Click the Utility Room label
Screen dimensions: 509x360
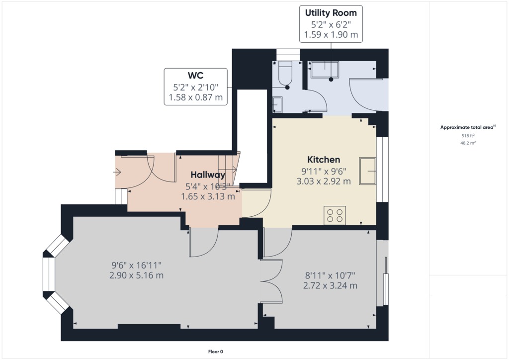(x=331, y=13)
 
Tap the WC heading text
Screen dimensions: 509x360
(x=196, y=75)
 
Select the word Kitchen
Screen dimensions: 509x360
(x=324, y=160)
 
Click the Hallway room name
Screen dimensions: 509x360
(x=208, y=175)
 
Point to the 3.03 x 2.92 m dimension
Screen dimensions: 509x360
(x=324, y=181)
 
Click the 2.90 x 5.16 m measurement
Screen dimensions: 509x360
(x=136, y=275)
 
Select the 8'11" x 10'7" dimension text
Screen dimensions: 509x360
(x=330, y=275)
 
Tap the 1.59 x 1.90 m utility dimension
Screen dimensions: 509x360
(x=331, y=34)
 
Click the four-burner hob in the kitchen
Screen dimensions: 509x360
(x=335, y=215)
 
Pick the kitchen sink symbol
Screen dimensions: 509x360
(x=367, y=171)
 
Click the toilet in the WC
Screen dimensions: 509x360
(x=286, y=71)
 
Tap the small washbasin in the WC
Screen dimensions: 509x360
(x=277, y=104)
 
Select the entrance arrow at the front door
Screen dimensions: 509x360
(x=117, y=172)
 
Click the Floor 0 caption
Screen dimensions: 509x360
(x=216, y=352)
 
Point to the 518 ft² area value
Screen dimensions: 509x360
(x=468, y=136)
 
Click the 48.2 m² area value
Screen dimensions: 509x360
(x=468, y=143)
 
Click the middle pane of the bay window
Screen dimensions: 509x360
(x=49, y=274)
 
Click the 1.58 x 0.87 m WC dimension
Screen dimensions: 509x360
(x=196, y=97)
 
